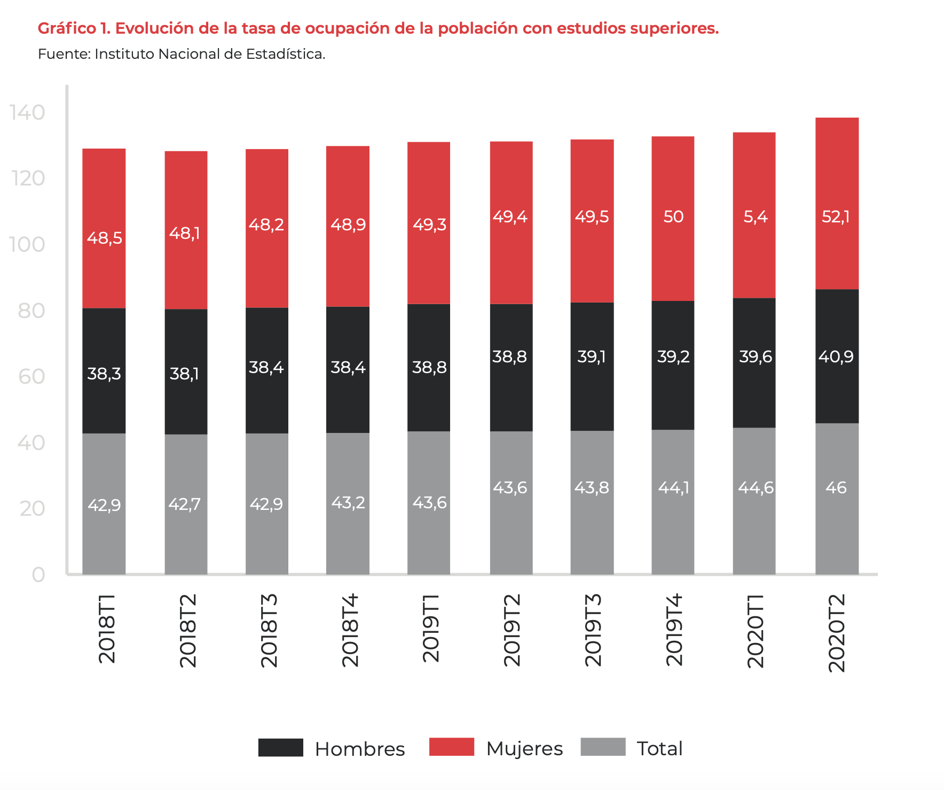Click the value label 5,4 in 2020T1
click(x=755, y=216)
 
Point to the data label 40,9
click(x=836, y=357)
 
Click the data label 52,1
click(x=836, y=216)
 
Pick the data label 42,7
click(x=185, y=504)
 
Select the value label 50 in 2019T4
click(x=673, y=216)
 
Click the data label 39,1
click(x=592, y=357)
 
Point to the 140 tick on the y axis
click(x=27, y=113)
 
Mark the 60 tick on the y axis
click(x=32, y=377)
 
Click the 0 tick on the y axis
click(x=38, y=575)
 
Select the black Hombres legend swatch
click(x=280, y=747)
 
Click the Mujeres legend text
click(x=524, y=749)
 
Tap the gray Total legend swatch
click(x=603, y=747)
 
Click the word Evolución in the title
click(x=153, y=28)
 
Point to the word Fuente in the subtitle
click(x=64, y=54)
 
